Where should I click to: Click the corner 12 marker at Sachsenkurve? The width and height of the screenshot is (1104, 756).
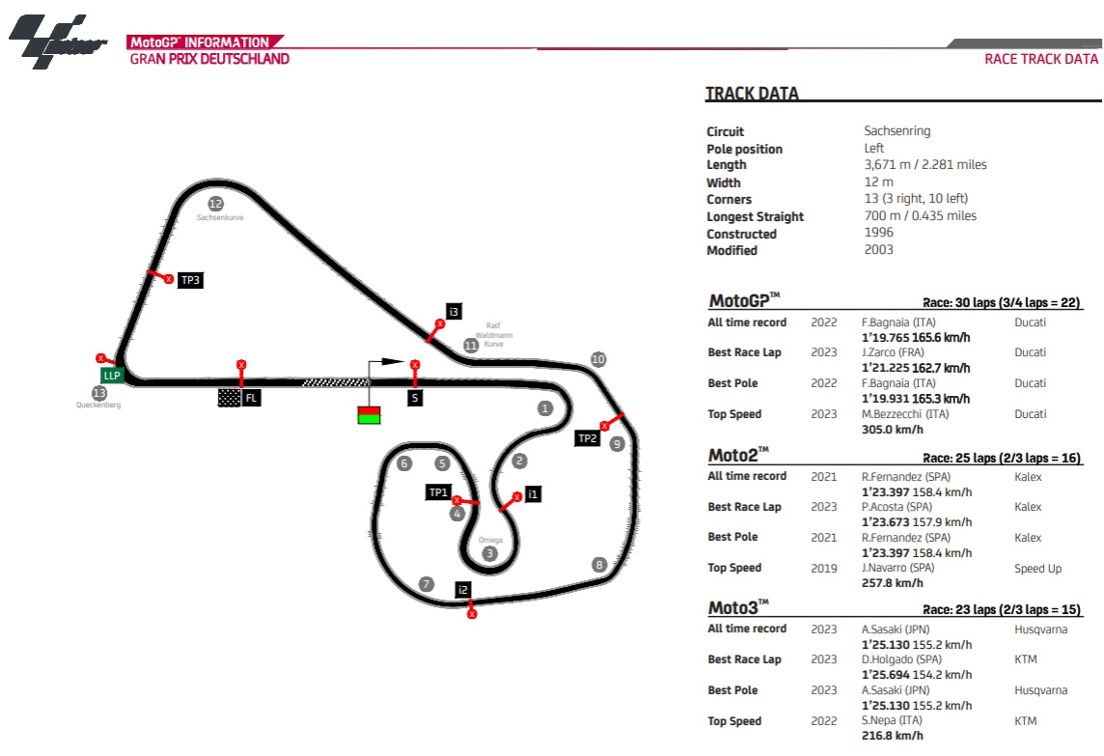pyautogui.click(x=215, y=203)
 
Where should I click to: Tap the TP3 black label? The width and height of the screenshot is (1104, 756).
pyautogui.click(x=191, y=280)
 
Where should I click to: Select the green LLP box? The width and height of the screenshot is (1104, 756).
pyautogui.click(x=112, y=375)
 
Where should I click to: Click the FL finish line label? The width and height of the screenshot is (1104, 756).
pyautogui.click(x=251, y=397)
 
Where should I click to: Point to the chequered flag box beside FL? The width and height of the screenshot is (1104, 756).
pyautogui.click(x=229, y=397)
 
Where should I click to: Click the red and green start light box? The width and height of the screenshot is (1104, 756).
pyautogui.click(x=369, y=415)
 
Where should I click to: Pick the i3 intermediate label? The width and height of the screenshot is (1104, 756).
pyautogui.click(x=454, y=311)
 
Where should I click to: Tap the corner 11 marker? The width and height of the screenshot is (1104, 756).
pyautogui.click(x=471, y=345)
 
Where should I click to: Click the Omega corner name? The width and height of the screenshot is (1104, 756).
pyautogui.click(x=490, y=540)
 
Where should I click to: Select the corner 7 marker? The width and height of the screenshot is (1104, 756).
pyautogui.click(x=427, y=584)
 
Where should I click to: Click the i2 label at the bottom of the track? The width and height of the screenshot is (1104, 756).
pyautogui.click(x=463, y=590)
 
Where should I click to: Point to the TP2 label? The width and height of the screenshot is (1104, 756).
pyautogui.click(x=588, y=438)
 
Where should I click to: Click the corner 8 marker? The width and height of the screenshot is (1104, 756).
pyautogui.click(x=599, y=565)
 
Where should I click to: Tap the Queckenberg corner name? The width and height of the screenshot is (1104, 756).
pyautogui.click(x=98, y=406)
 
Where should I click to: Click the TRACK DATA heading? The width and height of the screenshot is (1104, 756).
pyautogui.click(x=752, y=94)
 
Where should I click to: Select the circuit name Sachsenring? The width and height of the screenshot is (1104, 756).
pyautogui.click(x=897, y=131)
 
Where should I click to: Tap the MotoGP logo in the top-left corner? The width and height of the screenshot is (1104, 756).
pyautogui.click(x=57, y=42)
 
